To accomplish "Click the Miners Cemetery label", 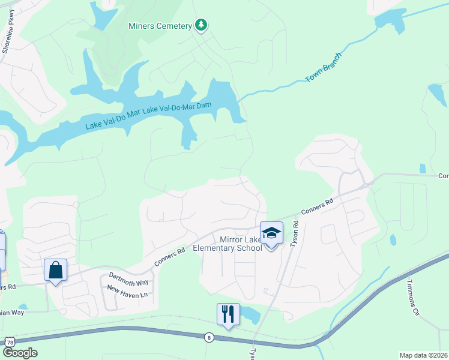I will pos(160,26).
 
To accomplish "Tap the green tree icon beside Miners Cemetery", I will pos(202,25).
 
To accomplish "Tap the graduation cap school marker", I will pos(271,232).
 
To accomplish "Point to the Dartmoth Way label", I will pos(128,279).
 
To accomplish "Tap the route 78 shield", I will pos(10,341).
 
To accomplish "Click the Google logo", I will pos(19,353).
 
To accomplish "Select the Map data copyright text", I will pos(423,355).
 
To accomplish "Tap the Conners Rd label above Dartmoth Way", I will pos(169,257).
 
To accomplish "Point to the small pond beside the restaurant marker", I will pos(250,314).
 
